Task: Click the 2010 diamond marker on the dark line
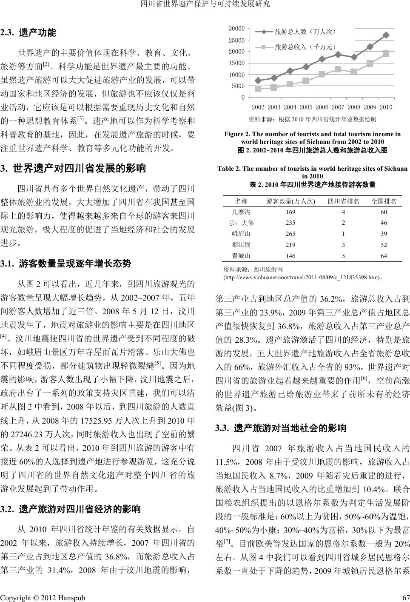[x=386, y=35]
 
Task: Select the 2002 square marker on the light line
[x=258, y=89]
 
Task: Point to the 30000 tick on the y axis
[x=236, y=29]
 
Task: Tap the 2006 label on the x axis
[x=322, y=107]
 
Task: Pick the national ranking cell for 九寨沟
[x=384, y=212]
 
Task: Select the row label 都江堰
[x=241, y=245]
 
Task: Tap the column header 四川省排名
[x=343, y=201]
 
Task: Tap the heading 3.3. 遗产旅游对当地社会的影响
[x=281, y=427]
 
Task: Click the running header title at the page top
[x=205, y=5]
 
